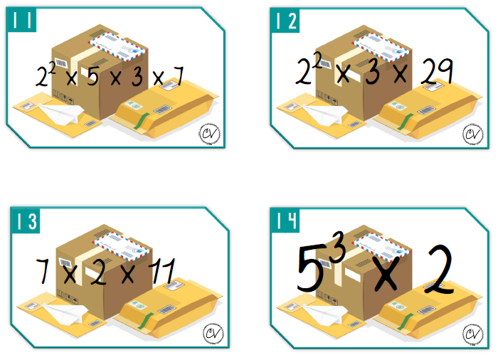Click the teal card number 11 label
coord(21,20)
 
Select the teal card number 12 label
coord(285,21)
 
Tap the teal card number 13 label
coord(26,221)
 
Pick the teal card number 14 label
coord(285,221)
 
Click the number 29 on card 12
coord(437,71)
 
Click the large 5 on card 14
coord(311,269)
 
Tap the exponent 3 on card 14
coord(337,247)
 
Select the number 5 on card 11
coord(93,77)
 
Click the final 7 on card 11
coord(178,76)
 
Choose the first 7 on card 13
coord(43,271)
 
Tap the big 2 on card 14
coord(440,270)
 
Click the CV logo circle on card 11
coord(210,134)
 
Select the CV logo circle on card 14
coord(473,334)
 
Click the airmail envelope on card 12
coord(381,48)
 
